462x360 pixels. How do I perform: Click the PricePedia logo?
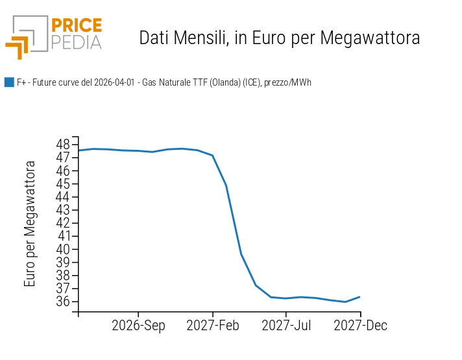click(54, 36)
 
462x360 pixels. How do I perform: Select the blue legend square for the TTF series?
click(9, 82)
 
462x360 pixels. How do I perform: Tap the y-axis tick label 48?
click(63, 144)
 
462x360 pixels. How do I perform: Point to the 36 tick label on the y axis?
click(63, 302)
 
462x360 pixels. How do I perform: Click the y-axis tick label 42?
click(63, 222)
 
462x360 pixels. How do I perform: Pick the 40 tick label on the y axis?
click(63, 249)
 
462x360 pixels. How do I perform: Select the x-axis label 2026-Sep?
click(138, 326)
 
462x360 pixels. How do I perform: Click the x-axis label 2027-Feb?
click(213, 326)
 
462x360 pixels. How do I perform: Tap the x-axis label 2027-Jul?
click(287, 326)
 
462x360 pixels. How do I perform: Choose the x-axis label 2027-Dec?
click(361, 326)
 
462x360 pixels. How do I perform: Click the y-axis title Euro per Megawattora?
click(30, 224)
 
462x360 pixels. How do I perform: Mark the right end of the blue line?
click(360, 296)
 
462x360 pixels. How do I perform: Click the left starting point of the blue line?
click(79, 150)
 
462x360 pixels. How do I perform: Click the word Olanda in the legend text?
click(224, 82)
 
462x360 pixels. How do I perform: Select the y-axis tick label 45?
click(63, 184)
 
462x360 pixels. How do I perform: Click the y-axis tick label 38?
click(63, 275)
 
